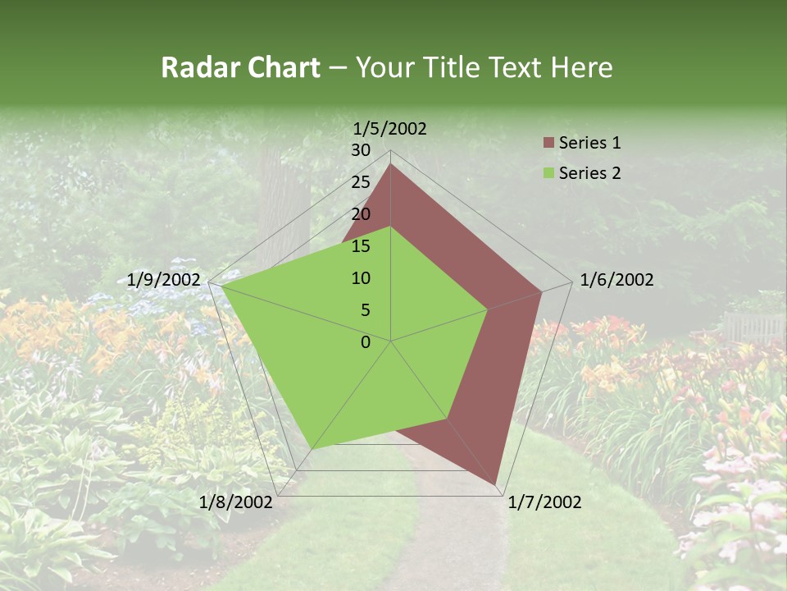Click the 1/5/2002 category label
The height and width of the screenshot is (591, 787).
pyautogui.click(x=390, y=128)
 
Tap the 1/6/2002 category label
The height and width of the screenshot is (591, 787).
pyautogui.click(x=616, y=280)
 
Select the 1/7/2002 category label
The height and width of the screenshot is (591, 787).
pyautogui.click(x=544, y=502)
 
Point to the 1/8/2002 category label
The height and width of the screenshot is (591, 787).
pyautogui.click(x=235, y=502)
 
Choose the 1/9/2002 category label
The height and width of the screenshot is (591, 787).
pyautogui.click(x=164, y=280)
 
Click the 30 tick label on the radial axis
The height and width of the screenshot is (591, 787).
pyautogui.click(x=361, y=150)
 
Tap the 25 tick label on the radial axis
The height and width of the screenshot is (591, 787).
pyautogui.click(x=361, y=182)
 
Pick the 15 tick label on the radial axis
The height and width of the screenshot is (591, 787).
pyautogui.click(x=361, y=246)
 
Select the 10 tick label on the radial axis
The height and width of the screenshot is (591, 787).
pyautogui.click(x=361, y=278)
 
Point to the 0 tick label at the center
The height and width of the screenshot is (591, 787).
pyautogui.click(x=366, y=342)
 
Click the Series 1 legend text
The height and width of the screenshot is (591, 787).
pyautogui.click(x=589, y=143)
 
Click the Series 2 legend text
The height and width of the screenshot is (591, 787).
pyautogui.click(x=589, y=173)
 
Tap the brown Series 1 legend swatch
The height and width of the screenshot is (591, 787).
pyautogui.click(x=548, y=143)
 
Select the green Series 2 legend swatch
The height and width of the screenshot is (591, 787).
pyautogui.click(x=548, y=173)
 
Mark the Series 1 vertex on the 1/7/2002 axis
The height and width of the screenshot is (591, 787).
pyautogui.click(x=495, y=485)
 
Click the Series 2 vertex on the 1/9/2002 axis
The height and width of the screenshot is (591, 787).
pyautogui.click(x=221, y=286)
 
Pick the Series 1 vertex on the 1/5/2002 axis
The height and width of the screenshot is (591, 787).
pyautogui.click(x=390, y=163)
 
